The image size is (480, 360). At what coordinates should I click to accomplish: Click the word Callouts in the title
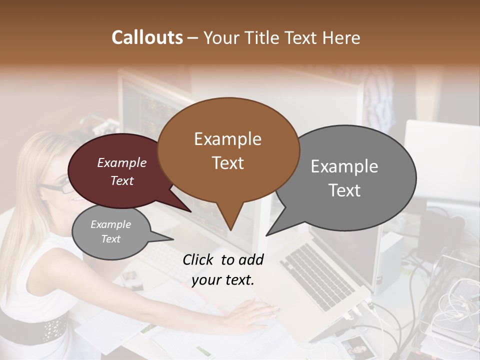[x=147, y=37]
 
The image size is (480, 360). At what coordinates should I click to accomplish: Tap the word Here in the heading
[x=342, y=37]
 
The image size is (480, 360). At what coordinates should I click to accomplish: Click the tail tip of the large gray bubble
[x=266, y=235]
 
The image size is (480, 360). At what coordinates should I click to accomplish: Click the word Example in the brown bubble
[x=228, y=139]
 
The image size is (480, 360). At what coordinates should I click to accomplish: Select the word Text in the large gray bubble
[x=345, y=190]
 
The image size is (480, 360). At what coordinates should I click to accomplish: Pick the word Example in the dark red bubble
[x=121, y=163]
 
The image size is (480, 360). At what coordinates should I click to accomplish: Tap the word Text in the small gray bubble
[x=111, y=239]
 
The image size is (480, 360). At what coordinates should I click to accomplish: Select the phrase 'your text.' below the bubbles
[x=223, y=279]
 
